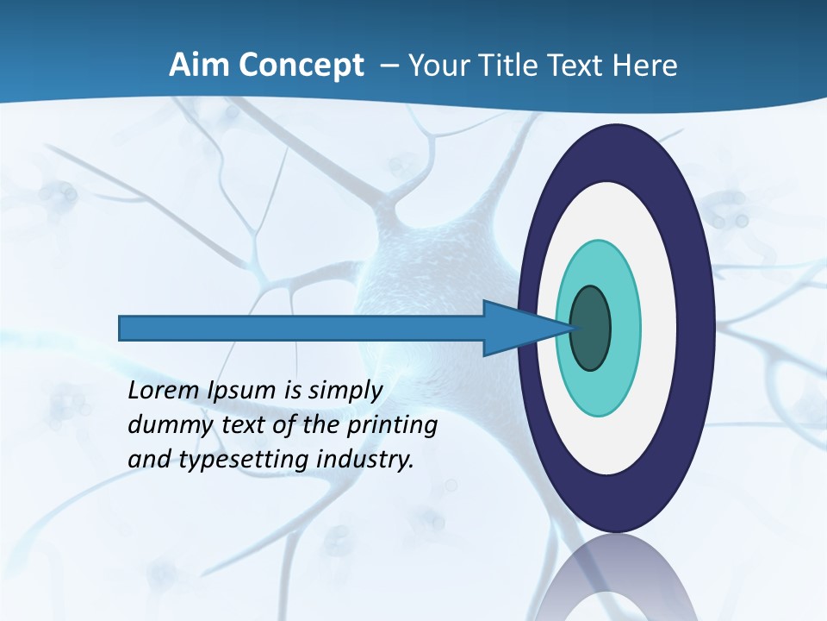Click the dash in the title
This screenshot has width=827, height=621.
click(389, 66)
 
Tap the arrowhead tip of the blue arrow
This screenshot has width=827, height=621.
click(573, 328)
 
